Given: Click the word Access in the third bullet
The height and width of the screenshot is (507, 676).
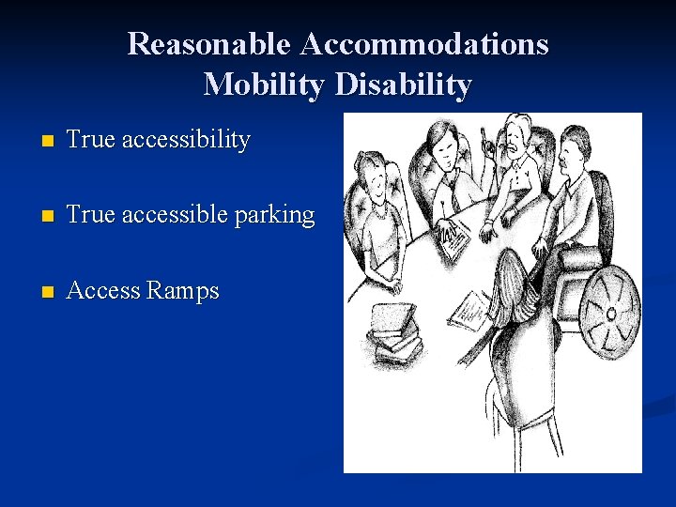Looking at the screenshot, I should pos(103,291).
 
